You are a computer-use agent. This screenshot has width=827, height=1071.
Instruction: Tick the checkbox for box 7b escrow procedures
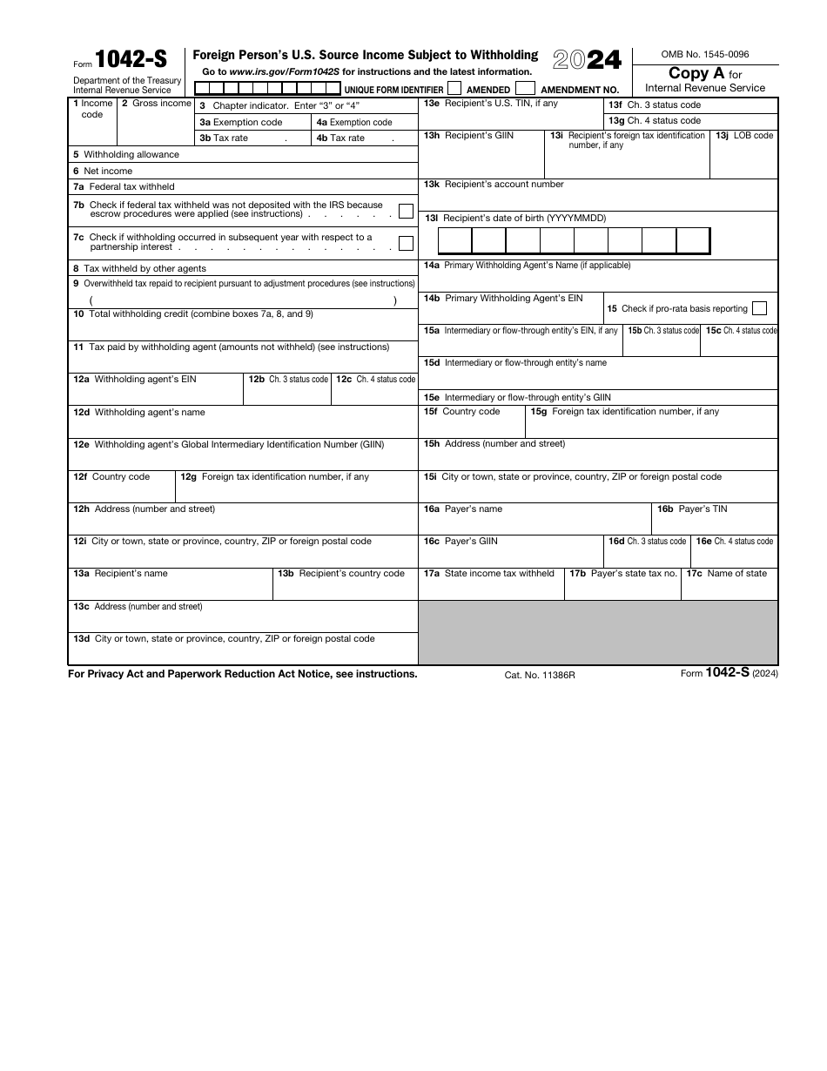[x=406, y=211]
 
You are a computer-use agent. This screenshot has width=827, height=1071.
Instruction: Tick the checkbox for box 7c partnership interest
[x=406, y=243]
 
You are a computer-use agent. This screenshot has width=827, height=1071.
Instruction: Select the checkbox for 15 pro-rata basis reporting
[x=759, y=308]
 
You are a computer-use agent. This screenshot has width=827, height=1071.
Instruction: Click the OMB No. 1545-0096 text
[x=705, y=55]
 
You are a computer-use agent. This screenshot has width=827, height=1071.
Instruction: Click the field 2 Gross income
[x=156, y=127]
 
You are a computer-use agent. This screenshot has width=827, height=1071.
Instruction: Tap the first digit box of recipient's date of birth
[x=454, y=240]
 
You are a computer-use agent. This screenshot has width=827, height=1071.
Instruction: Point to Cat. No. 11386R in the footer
[x=540, y=675]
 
